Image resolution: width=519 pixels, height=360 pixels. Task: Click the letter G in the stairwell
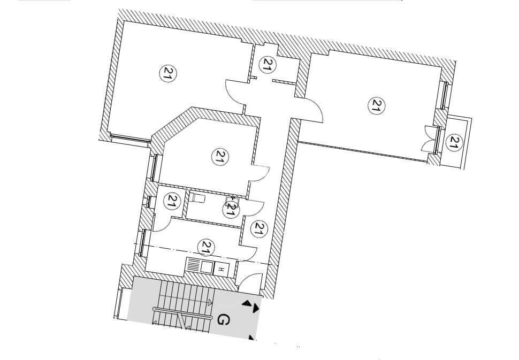pos(224,320)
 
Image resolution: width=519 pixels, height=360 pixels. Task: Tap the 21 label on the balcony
pos(454,142)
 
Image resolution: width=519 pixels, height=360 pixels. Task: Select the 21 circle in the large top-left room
pos(168,73)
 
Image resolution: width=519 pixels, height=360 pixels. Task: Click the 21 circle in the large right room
pos(377,105)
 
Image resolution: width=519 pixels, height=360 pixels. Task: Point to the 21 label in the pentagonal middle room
pos(219,157)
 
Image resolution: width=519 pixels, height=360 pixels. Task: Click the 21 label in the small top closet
pos(268,65)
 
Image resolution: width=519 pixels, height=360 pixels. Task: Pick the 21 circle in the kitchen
pos(205,247)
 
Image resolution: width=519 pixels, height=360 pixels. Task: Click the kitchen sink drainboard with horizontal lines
pos(193,266)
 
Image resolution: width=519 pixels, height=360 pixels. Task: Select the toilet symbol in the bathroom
pos(197,198)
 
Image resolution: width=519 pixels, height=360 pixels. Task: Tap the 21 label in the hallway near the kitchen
pos(259,229)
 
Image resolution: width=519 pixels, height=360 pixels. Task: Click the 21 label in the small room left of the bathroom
pos(172,202)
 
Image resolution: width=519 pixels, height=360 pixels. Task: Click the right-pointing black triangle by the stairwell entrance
pos(256,309)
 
